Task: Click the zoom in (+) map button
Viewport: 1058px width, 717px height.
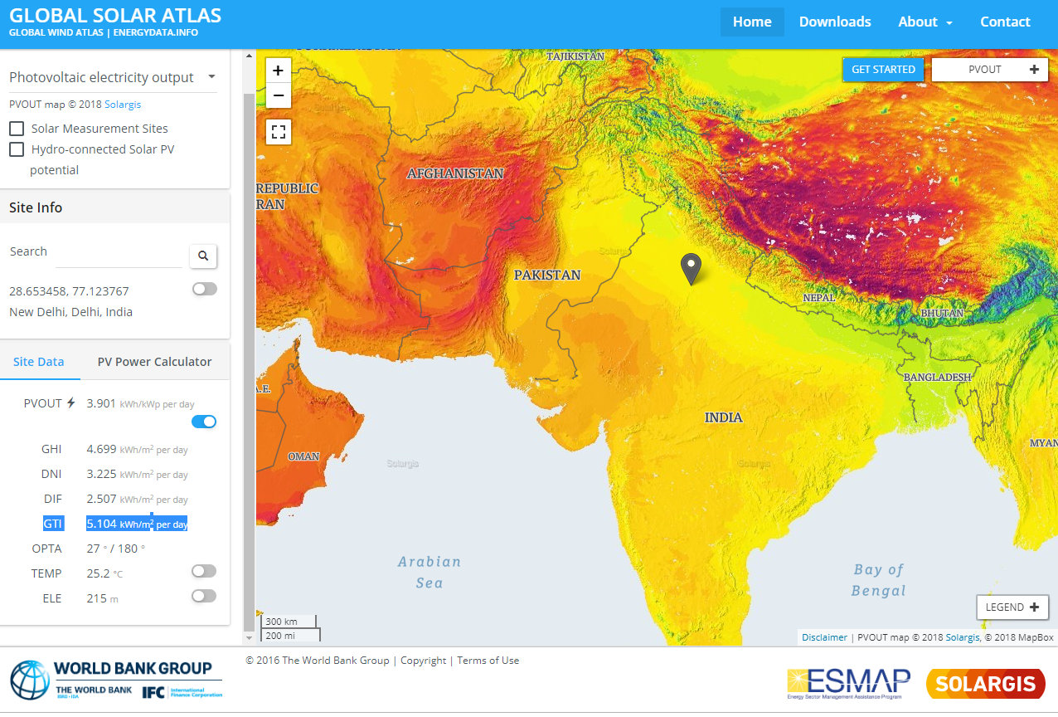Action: (x=279, y=71)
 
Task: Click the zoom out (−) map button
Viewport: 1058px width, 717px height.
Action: (x=279, y=95)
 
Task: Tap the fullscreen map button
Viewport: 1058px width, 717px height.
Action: (x=279, y=131)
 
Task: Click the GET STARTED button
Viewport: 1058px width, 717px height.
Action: (x=883, y=70)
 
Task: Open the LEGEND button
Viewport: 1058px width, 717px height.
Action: (x=1012, y=607)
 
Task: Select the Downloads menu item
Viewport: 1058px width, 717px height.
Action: (x=834, y=22)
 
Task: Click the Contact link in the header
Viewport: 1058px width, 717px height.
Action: (x=1005, y=22)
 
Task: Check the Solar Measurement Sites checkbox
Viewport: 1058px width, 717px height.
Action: (x=17, y=129)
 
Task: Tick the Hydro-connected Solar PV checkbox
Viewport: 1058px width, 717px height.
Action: (x=17, y=149)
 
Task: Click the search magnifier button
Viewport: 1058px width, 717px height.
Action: (x=203, y=256)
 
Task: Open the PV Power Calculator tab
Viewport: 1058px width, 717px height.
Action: (x=154, y=362)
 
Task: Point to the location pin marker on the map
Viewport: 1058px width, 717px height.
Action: (x=691, y=267)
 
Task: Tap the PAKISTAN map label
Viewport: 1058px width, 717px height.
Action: (x=547, y=275)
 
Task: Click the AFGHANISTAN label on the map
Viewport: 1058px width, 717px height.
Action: (x=455, y=173)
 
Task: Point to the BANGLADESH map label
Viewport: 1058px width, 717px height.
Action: (x=937, y=377)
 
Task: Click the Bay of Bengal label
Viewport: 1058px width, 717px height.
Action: (x=878, y=580)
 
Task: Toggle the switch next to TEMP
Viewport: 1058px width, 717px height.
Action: (x=204, y=571)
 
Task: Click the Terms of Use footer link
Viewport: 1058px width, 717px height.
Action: (x=488, y=661)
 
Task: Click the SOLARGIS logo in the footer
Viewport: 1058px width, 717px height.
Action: (x=985, y=684)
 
